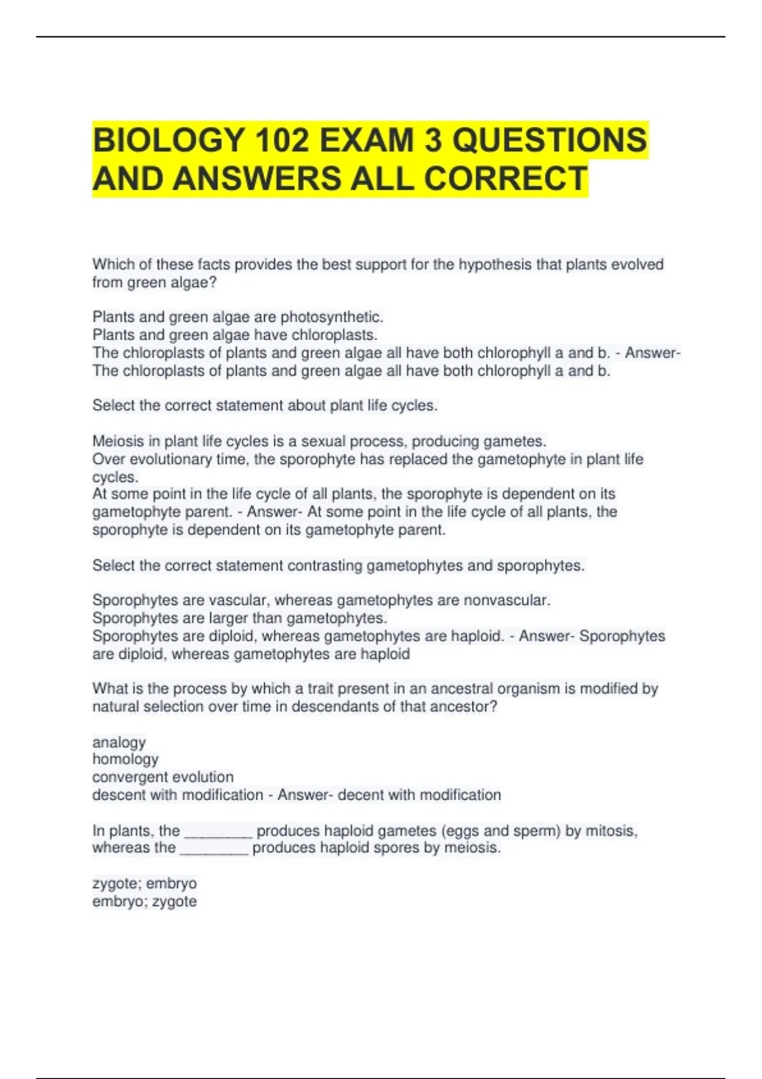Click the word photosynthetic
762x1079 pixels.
pyautogui.click(x=332, y=317)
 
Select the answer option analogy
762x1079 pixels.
pyautogui.click(x=119, y=742)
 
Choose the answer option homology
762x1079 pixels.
pyautogui.click(x=125, y=759)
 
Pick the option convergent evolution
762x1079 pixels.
pyautogui.click(x=163, y=777)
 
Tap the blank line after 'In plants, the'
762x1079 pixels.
pyautogui.click(x=218, y=832)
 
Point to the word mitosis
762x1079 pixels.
pyautogui.click(x=611, y=831)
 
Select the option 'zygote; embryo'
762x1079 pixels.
pyautogui.click(x=145, y=884)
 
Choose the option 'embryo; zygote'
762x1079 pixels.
pyautogui.click(x=145, y=901)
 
